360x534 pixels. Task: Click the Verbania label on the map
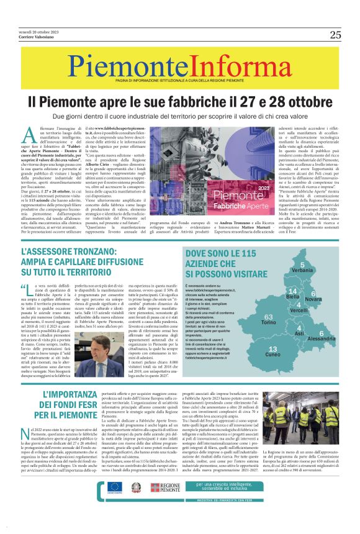pos(302,271)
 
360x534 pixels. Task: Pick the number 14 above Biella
pos(292,291)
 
